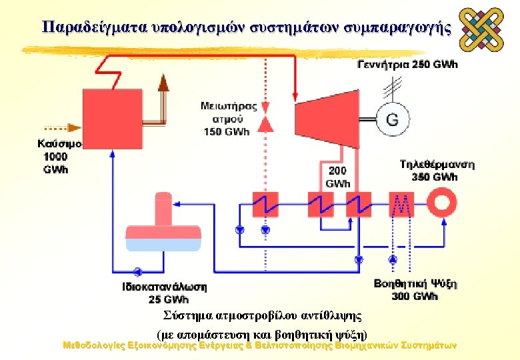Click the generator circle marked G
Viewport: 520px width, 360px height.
[393, 119]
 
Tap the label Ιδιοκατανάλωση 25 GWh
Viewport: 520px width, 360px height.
[164, 293]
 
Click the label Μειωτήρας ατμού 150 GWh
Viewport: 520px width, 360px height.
[226, 118]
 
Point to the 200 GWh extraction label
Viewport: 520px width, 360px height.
[337, 177]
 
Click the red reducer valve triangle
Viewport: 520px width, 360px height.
[265, 123]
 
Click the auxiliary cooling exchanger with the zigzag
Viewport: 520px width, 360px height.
[402, 203]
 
